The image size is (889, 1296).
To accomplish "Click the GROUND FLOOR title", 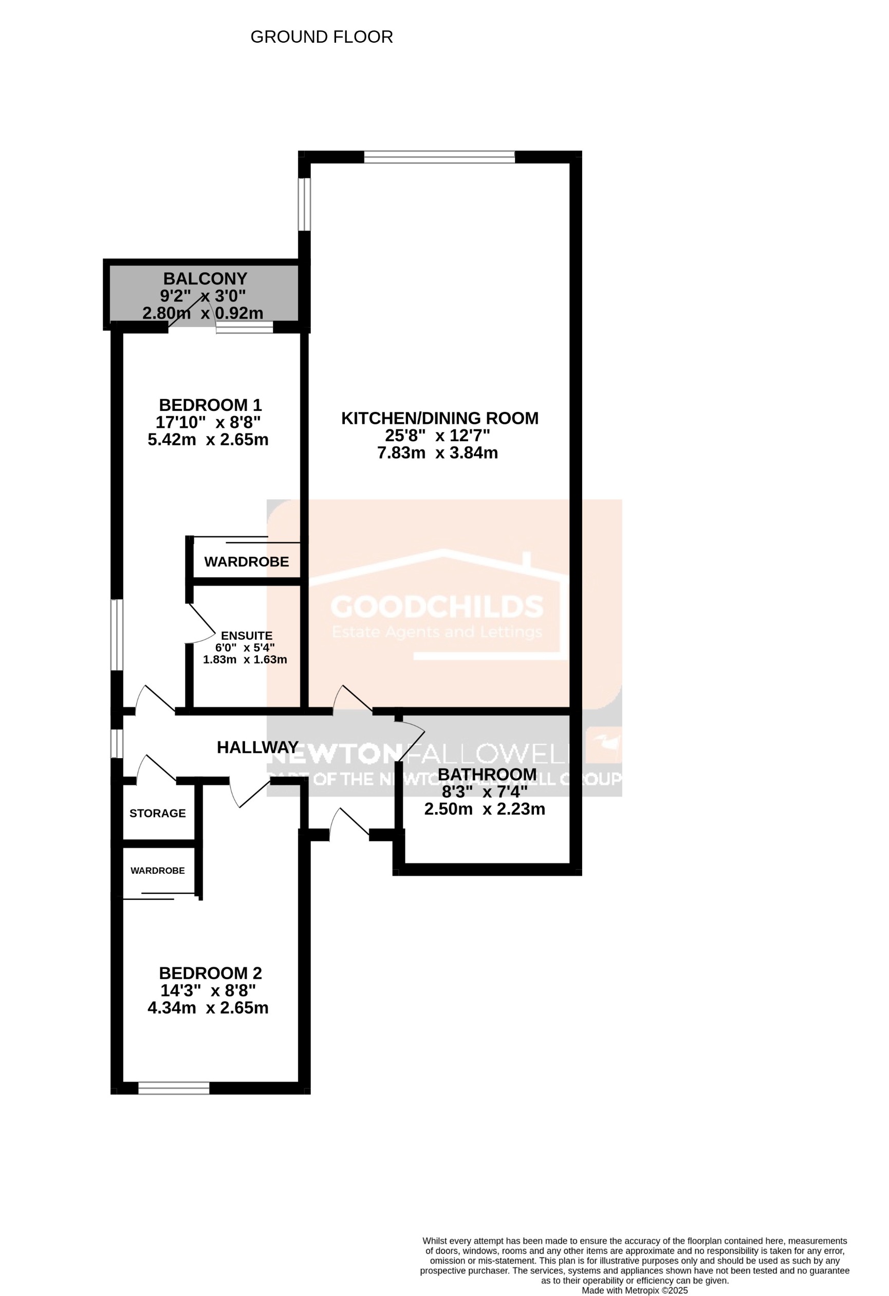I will click(322, 38).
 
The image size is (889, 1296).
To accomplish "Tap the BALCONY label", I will click(205, 278).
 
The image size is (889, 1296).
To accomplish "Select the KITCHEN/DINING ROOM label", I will click(439, 418).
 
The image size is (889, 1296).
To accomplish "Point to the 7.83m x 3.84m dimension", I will click(437, 453).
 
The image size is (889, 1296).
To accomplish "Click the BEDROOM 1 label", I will click(210, 405).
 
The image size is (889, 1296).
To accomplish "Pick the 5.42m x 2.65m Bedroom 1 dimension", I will click(208, 440).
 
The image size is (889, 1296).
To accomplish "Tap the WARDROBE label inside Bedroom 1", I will click(246, 562).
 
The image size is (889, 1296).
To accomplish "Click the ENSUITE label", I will click(246, 636).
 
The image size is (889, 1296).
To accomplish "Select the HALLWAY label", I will click(257, 747).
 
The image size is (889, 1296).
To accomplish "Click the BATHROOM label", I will click(487, 775).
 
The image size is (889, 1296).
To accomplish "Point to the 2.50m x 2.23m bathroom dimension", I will click(485, 809).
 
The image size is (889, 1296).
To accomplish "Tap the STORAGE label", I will click(157, 814).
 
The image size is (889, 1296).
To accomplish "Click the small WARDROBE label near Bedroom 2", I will click(157, 871).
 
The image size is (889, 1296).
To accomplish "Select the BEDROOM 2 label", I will click(210, 974).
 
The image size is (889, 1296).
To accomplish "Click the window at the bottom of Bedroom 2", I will click(173, 1088).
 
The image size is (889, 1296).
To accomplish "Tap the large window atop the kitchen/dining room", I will click(439, 157).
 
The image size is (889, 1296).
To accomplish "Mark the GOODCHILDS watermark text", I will click(437, 607).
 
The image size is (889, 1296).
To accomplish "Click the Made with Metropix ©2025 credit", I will click(634, 1290).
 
